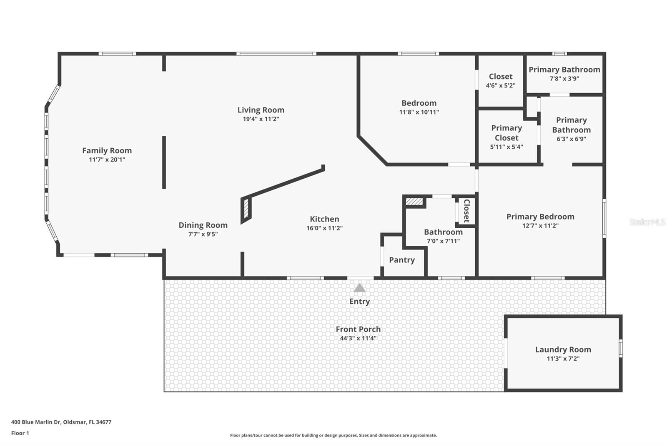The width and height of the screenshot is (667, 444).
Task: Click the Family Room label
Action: [x=107, y=151]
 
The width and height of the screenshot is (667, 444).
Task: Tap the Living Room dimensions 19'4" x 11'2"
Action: [x=261, y=119]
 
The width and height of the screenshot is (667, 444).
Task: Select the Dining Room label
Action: [x=203, y=225]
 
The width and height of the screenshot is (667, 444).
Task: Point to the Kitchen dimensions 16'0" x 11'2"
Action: [x=325, y=228]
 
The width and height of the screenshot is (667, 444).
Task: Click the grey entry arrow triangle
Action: [x=359, y=288]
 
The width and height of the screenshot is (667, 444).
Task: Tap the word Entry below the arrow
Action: [x=360, y=302]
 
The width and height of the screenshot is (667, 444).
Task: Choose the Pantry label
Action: [x=402, y=260]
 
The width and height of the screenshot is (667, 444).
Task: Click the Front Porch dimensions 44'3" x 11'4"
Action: [x=358, y=338]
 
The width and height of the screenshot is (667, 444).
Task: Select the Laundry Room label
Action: [x=563, y=350]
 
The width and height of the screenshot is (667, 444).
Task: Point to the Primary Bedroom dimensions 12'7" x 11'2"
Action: [x=540, y=226]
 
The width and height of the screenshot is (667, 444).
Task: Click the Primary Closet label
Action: [x=507, y=133]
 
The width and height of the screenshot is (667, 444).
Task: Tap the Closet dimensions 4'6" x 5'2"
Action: [x=501, y=86]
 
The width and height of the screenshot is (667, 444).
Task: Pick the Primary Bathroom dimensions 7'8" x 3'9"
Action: [x=564, y=79]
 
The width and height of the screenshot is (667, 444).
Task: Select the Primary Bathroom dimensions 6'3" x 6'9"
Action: [x=572, y=139]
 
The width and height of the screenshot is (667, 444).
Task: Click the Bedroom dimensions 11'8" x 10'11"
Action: [x=419, y=112]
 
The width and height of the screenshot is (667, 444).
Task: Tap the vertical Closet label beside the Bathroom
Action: [x=466, y=211]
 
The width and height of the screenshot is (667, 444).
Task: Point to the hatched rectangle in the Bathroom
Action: [x=414, y=202]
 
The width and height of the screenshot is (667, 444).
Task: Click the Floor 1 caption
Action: [x=20, y=433]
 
